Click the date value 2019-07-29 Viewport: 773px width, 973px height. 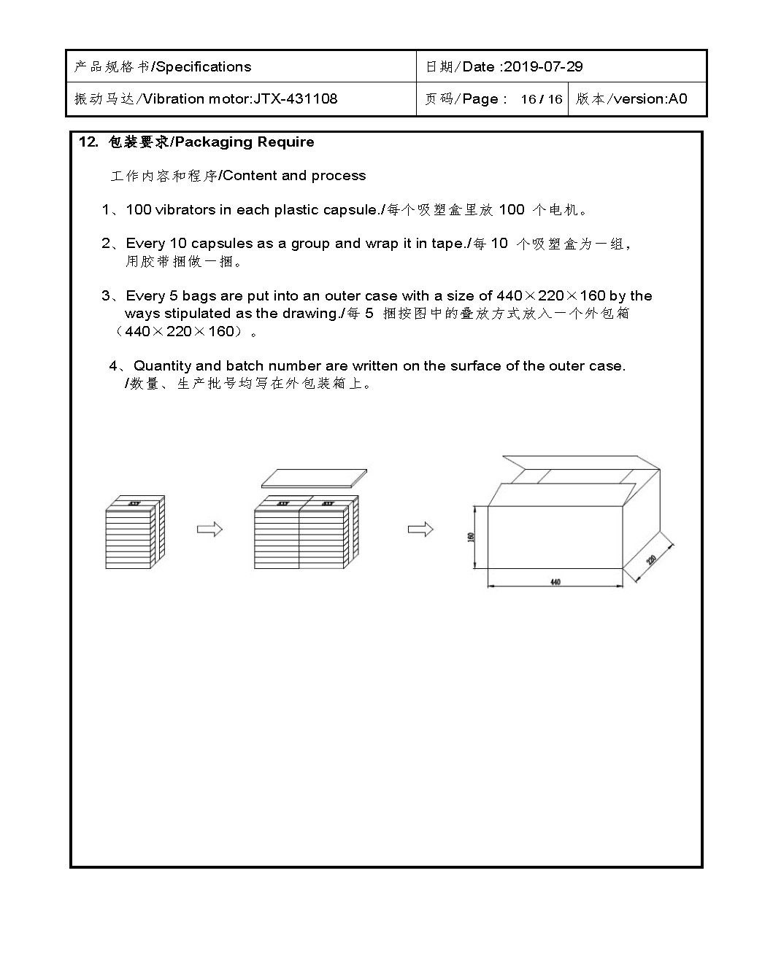(543, 66)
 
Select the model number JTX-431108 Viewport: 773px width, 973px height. (296, 98)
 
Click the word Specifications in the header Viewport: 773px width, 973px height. (204, 66)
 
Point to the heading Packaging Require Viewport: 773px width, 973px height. (245, 142)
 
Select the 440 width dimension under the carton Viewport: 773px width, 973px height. (555, 582)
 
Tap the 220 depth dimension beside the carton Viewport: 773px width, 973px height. (652, 560)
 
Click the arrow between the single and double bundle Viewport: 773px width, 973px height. (209, 530)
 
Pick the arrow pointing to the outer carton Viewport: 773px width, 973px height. (420, 530)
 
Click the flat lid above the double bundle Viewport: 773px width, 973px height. (314, 478)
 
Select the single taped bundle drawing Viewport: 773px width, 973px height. (135, 532)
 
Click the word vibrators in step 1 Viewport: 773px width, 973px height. (185, 210)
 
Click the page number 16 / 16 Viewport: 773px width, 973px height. (541, 99)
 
